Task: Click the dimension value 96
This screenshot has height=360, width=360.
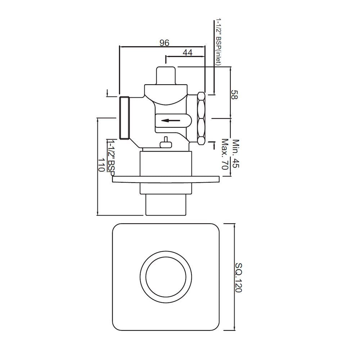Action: [x=164, y=43]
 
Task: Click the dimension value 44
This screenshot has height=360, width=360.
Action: [x=187, y=53]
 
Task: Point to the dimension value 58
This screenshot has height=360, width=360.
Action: [x=235, y=95]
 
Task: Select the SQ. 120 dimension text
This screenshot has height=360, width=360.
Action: [x=238, y=278]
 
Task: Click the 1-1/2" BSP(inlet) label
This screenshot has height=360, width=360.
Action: [x=219, y=41]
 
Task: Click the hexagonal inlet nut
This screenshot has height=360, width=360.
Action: [x=201, y=118]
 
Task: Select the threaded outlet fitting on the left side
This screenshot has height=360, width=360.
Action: [x=124, y=118]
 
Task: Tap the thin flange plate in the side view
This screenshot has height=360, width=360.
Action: [x=166, y=179]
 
